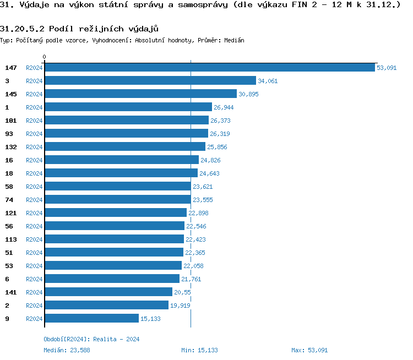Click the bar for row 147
209,67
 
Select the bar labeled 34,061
150,80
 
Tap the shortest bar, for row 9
91,318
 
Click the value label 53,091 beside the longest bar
387,68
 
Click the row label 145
11,94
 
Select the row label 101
11,121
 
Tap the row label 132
11,147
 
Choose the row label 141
11,292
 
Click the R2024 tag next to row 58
34,187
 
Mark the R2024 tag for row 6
34,279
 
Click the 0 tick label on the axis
45,57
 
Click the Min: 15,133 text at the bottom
199,350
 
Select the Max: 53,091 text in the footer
309,350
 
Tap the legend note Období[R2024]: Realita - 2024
91,339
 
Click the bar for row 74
117,199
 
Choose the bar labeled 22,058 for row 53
113,265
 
